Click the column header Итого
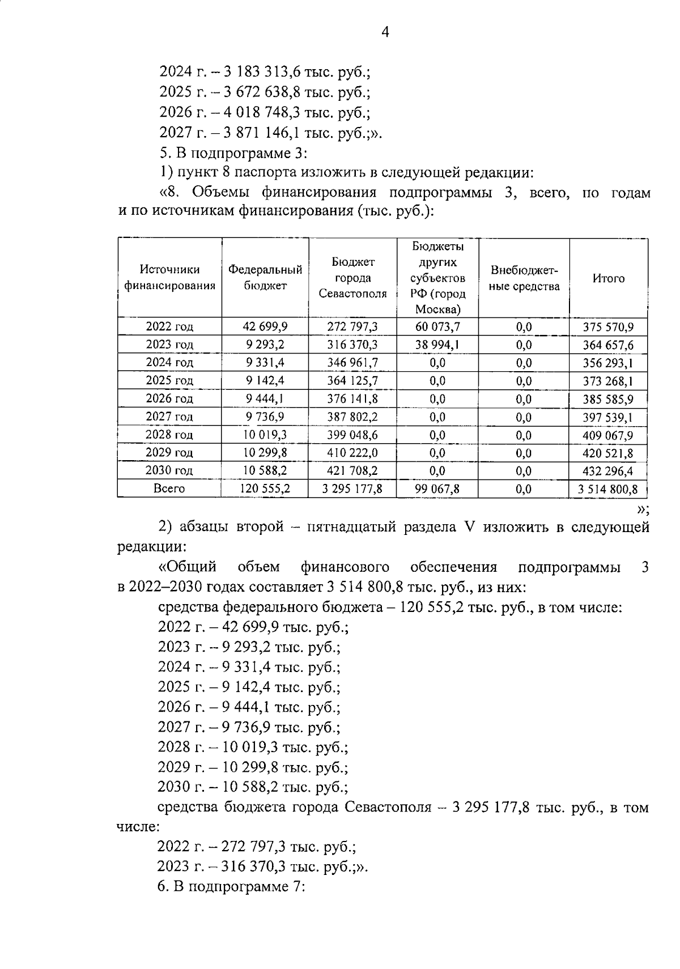(x=608, y=278)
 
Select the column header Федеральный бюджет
(x=265, y=278)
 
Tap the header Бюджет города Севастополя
(x=352, y=278)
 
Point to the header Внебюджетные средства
(x=524, y=278)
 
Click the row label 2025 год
(x=169, y=380)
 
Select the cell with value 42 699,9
(x=265, y=326)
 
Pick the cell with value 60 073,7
(x=437, y=326)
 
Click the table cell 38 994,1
(x=437, y=345)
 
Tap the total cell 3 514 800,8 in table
(x=608, y=489)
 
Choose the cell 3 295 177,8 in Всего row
(x=352, y=488)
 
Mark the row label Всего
(x=169, y=488)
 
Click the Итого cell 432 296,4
(x=608, y=471)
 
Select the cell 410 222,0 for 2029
(x=352, y=453)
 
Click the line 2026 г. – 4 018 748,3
(x=265, y=113)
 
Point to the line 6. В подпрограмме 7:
(x=232, y=887)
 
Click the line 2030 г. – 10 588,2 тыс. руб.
(x=253, y=787)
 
